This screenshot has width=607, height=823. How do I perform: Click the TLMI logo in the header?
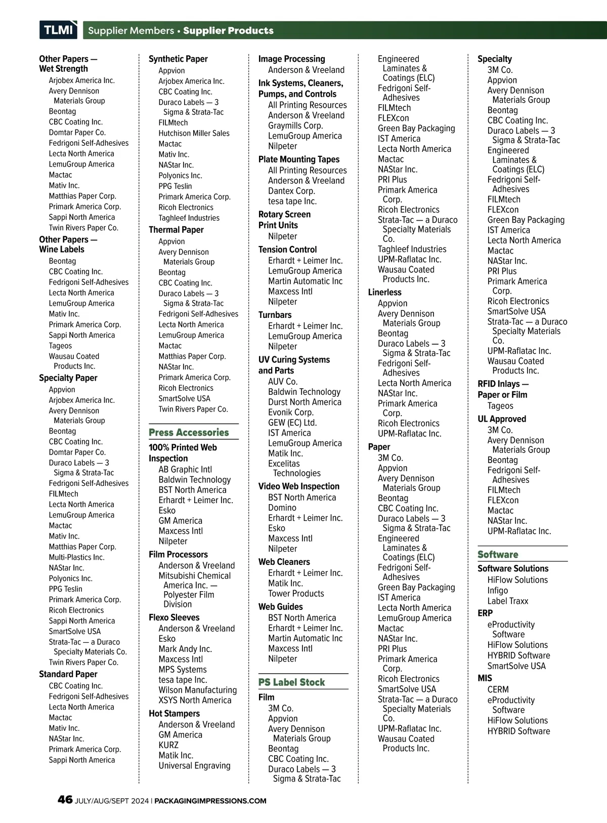[x=58, y=30]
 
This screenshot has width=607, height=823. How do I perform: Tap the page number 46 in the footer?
[x=65, y=800]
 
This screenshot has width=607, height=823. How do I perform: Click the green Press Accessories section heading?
[x=189, y=432]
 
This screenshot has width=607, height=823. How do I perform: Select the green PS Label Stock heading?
[x=291, y=682]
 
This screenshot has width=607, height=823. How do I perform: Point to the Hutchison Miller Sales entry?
[x=194, y=133]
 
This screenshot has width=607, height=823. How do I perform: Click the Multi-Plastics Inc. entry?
[x=76, y=557]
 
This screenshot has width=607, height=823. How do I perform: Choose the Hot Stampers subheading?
[x=174, y=713]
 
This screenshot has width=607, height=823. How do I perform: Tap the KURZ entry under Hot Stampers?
[x=168, y=745]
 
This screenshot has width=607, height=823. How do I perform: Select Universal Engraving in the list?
[x=194, y=765]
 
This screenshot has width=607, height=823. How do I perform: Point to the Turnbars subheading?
[x=275, y=315]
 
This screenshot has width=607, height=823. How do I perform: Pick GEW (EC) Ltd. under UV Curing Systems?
[x=292, y=423]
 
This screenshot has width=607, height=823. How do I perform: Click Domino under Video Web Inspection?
[x=282, y=508]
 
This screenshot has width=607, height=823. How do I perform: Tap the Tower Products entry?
[x=296, y=593]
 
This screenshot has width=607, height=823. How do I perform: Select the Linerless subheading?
[x=384, y=292]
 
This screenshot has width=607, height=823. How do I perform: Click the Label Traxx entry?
[x=507, y=601]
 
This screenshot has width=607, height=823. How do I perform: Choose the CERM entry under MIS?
[x=498, y=689]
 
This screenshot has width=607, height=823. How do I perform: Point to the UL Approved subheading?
[x=501, y=419]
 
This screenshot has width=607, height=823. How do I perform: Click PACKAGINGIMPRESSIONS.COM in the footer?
[x=210, y=801]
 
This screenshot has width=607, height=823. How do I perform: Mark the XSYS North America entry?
[x=195, y=700]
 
